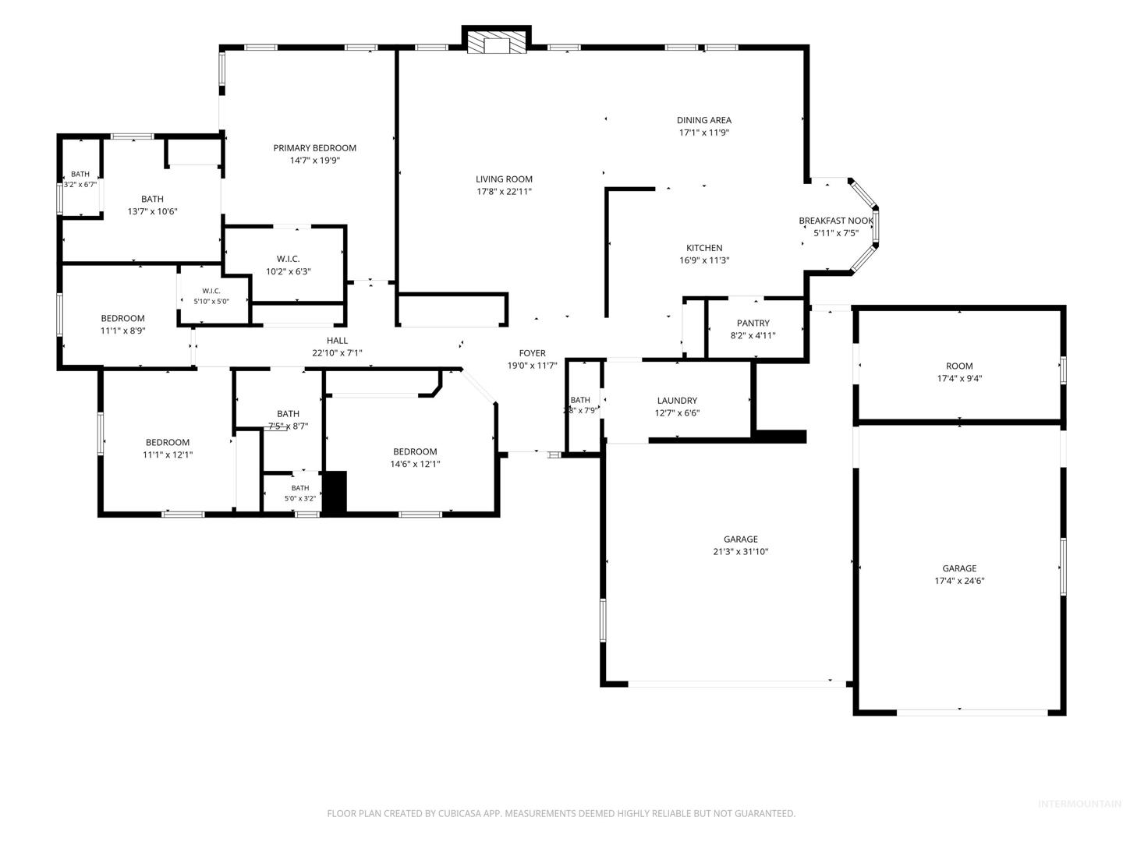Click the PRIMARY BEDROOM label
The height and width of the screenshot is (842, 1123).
pyautogui.click(x=314, y=148)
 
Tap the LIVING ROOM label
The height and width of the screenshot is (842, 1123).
pyautogui.click(x=504, y=179)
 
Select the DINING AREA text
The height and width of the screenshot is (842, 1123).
pyautogui.click(x=704, y=120)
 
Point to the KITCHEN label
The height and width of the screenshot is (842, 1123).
pyautogui.click(x=704, y=248)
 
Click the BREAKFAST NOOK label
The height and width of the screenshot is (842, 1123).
pyautogui.click(x=836, y=221)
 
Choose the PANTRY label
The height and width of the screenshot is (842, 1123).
pyautogui.click(x=753, y=323)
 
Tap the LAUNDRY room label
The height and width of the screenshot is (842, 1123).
pyautogui.click(x=677, y=401)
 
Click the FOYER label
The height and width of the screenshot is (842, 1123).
pyautogui.click(x=532, y=353)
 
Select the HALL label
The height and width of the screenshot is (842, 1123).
pyautogui.click(x=337, y=341)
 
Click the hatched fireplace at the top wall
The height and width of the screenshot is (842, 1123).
pyautogui.click(x=497, y=43)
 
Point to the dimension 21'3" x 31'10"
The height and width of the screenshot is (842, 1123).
pyautogui.click(x=741, y=552)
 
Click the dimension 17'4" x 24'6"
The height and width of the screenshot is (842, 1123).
pyautogui.click(x=959, y=581)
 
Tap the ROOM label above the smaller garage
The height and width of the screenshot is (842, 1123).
pyautogui.click(x=959, y=366)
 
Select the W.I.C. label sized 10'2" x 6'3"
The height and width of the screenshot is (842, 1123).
pyautogui.click(x=288, y=259)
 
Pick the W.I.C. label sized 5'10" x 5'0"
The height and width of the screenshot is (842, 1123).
pyautogui.click(x=211, y=291)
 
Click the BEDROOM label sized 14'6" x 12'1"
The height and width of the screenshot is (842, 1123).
pyautogui.click(x=415, y=452)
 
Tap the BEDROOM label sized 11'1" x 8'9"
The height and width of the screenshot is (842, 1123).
pyautogui.click(x=122, y=319)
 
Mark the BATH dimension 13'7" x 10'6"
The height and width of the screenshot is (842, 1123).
pyautogui.click(x=152, y=211)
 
